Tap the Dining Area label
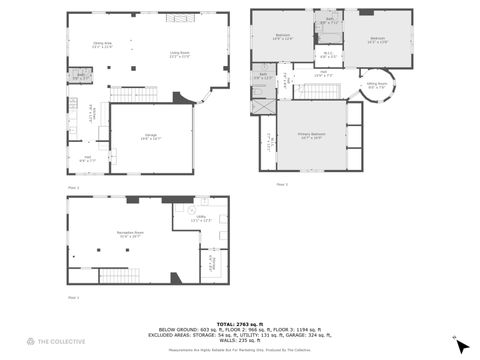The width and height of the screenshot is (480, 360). pyautogui.click(x=102, y=45)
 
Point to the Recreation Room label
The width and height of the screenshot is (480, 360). pyautogui.click(x=126, y=235)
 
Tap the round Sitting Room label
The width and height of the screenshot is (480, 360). pyautogui.click(x=376, y=86)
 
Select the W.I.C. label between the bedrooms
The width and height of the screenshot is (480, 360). pyautogui.click(x=327, y=55)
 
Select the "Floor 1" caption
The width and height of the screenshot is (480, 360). pyautogui.click(x=73, y=187)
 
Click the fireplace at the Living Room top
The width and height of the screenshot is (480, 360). pyautogui.click(x=179, y=18)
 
